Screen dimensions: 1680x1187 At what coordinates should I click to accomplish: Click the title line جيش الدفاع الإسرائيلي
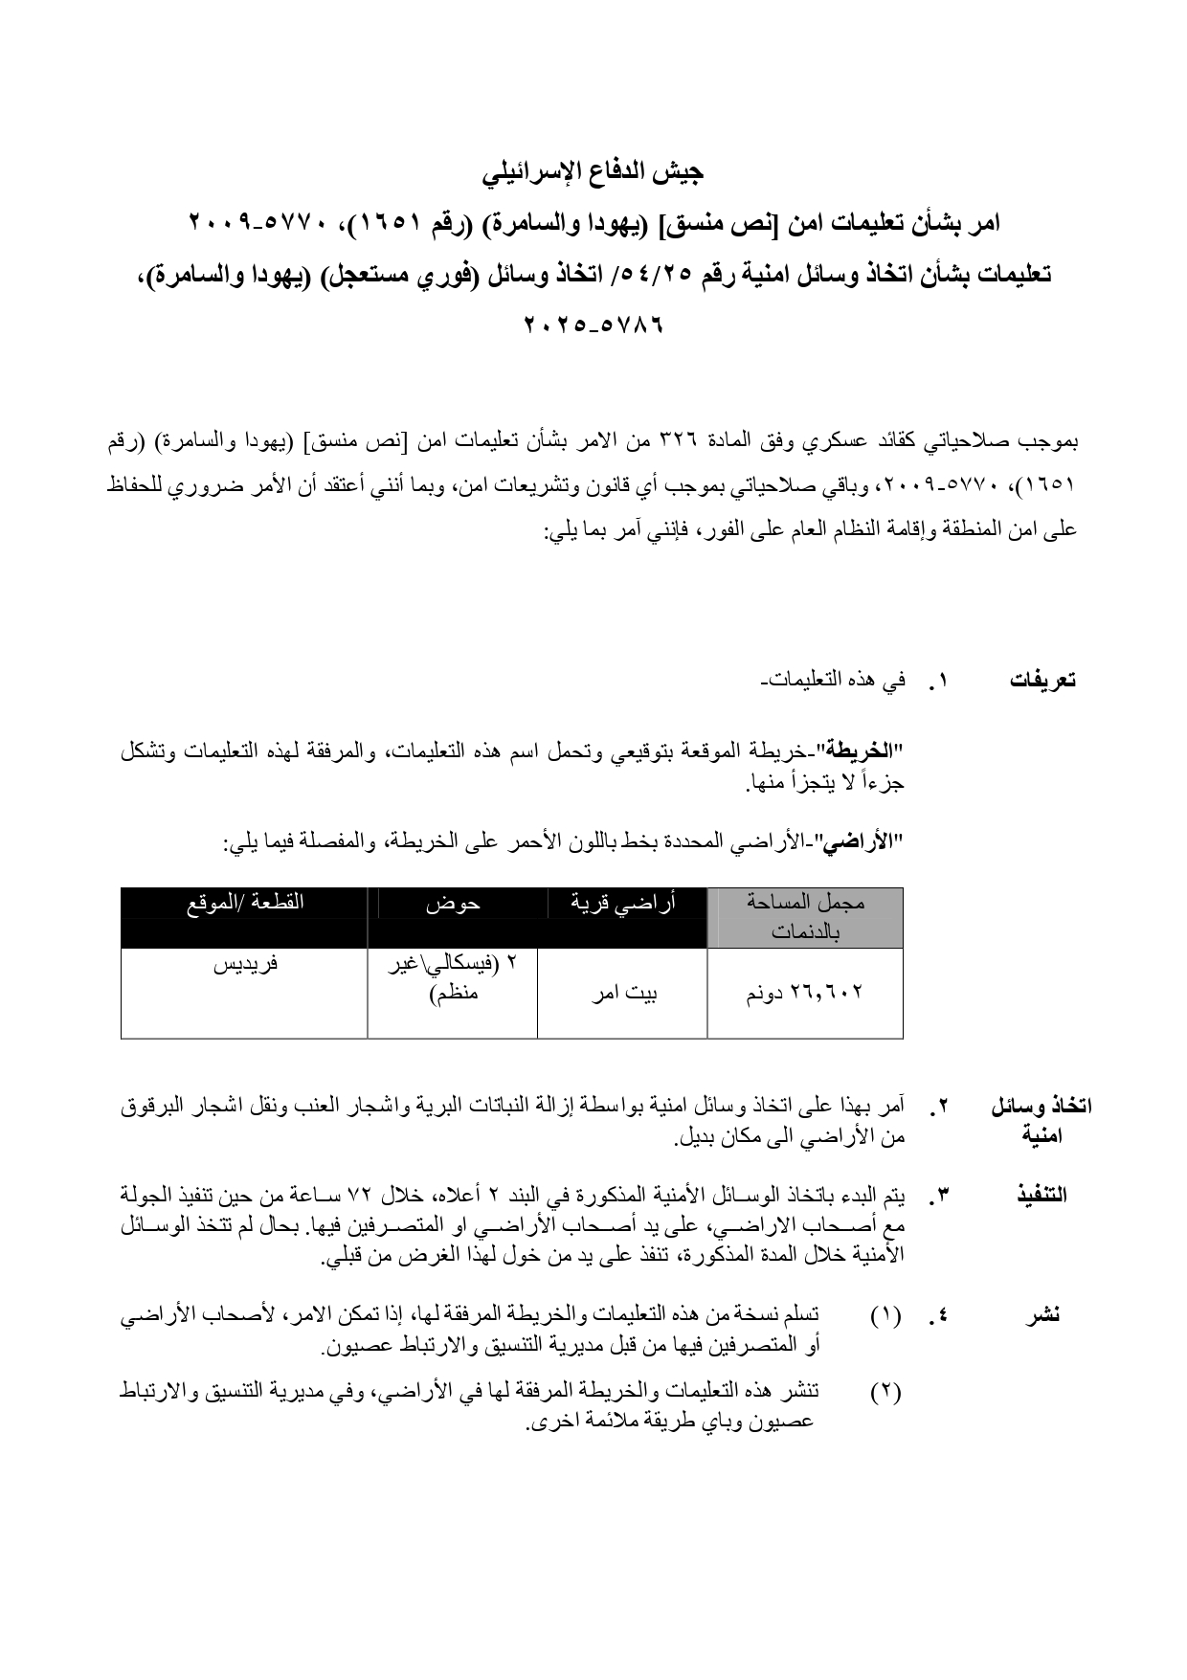click(x=593, y=172)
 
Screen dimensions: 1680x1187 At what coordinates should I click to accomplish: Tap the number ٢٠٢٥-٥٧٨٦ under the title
click(x=593, y=325)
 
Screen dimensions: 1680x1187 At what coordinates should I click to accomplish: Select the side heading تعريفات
click(x=1042, y=681)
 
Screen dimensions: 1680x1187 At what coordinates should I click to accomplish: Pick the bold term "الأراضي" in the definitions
click(x=870, y=842)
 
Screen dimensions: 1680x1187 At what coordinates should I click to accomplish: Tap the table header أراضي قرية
click(x=623, y=903)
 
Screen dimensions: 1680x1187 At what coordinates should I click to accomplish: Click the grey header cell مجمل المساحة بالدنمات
click(x=805, y=917)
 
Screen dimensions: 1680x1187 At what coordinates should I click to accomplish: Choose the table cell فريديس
click(x=244, y=964)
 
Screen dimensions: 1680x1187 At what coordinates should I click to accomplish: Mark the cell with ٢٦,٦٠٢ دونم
click(x=805, y=993)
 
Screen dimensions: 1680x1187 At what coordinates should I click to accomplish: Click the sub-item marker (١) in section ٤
click(x=885, y=1315)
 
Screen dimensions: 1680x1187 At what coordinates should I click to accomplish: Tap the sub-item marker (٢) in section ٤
click(x=885, y=1392)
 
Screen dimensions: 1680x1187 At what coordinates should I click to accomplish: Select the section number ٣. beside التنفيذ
click(x=937, y=1195)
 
